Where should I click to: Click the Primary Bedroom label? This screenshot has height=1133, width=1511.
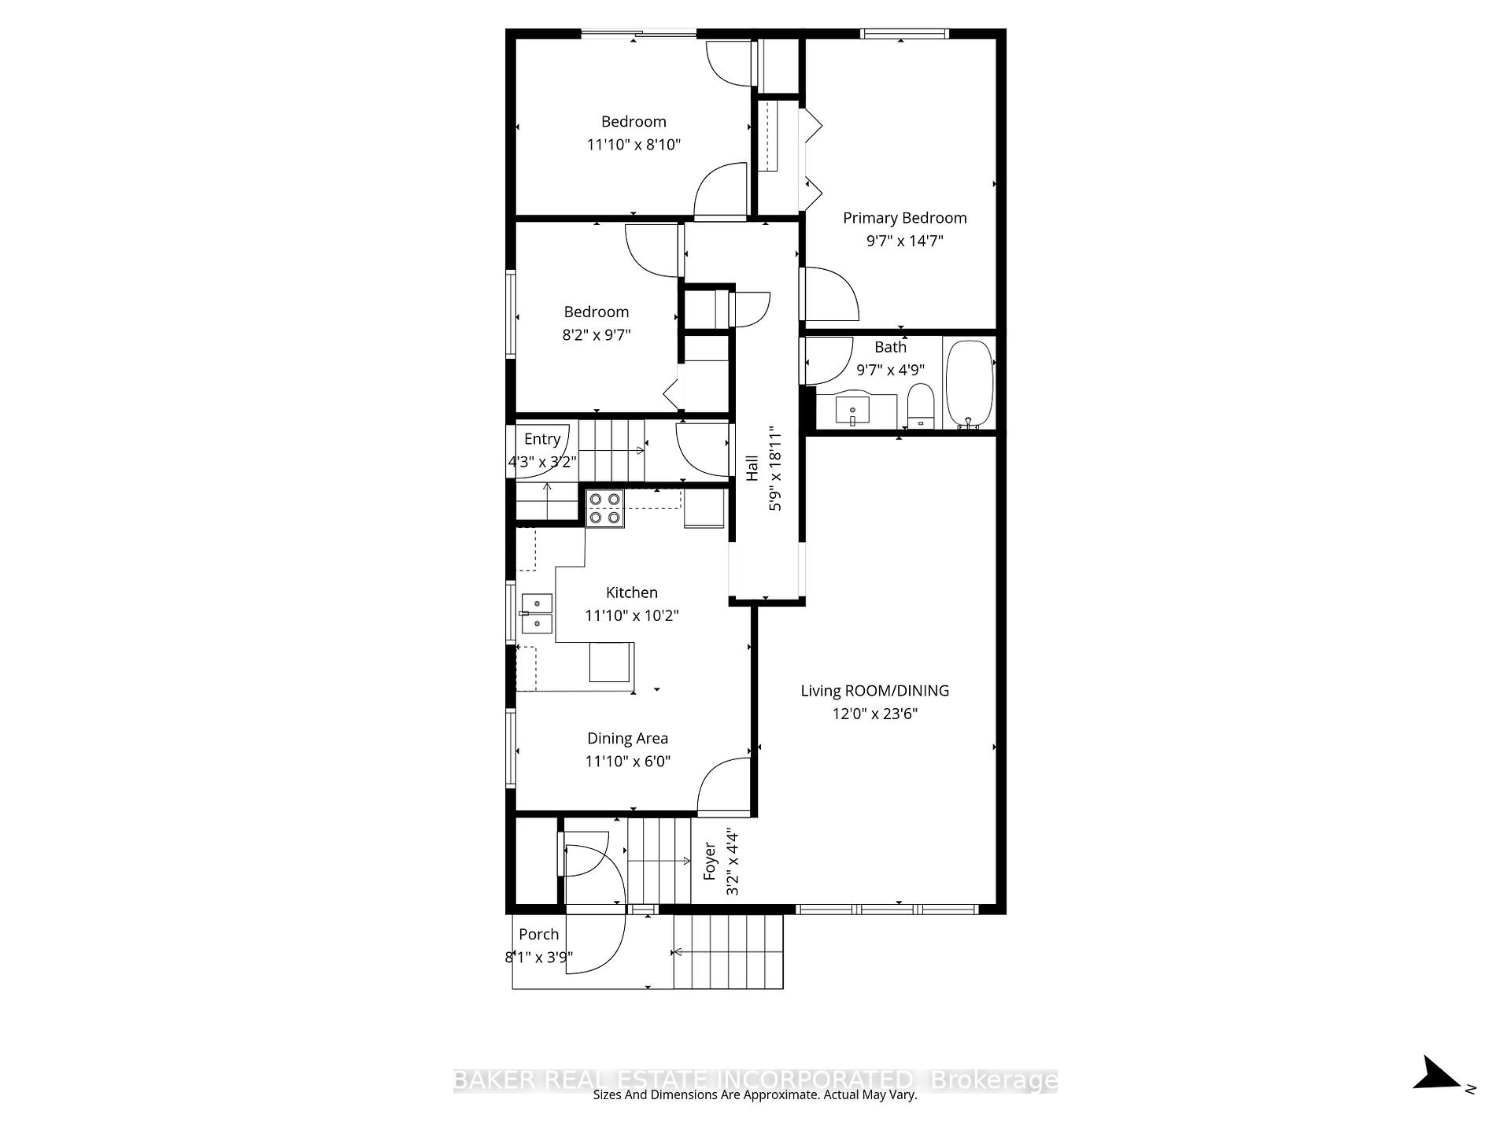pos(904,218)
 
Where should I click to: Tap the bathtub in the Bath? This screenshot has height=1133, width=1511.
pos(969,384)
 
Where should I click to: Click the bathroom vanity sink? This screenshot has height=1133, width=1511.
pos(853,411)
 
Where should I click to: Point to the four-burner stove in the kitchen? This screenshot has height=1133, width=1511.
pos(604,508)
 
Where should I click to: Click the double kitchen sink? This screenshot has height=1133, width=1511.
pos(538,614)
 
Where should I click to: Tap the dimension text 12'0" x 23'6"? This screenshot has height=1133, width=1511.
pos(875,714)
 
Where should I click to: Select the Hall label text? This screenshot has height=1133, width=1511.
pos(752,469)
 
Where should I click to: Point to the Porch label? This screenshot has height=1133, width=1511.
pos(538,935)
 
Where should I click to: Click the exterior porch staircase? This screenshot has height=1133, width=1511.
pos(728,952)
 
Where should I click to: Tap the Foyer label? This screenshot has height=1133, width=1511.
pos(710,861)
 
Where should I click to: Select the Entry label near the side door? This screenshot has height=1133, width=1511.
pos(542,439)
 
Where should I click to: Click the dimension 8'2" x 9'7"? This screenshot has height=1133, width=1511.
pos(596,335)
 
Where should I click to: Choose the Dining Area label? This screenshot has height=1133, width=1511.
pos(627,739)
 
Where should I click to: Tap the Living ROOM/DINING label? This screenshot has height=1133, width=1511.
pos(874,691)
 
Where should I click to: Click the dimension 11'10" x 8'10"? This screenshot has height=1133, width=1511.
pos(633,145)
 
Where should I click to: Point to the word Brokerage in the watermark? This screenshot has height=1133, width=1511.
pos(994,1080)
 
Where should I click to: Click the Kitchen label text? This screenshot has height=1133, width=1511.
pos(631,592)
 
